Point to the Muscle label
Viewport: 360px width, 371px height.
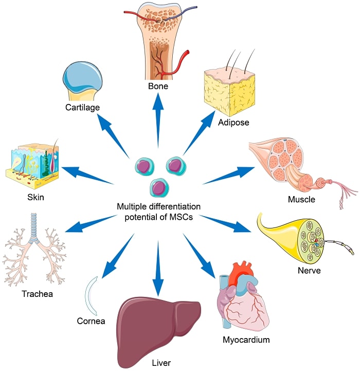(301, 199)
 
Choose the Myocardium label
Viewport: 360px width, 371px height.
(246, 340)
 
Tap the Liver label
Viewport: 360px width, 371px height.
(160, 363)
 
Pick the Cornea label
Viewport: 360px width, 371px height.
(91, 322)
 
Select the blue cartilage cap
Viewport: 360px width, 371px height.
(82, 78)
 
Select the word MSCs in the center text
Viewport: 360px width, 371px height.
(181, 217)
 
